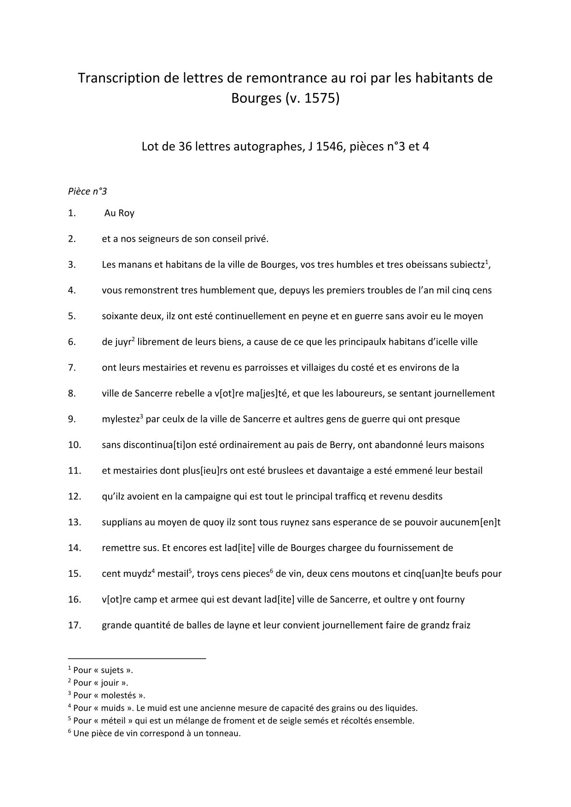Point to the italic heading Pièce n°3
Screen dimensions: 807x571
(x=87, y=192)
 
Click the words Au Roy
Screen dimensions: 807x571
(x=119, y=213)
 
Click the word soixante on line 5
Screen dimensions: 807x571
(x=118, y=316)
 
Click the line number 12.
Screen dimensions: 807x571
(x=74, y=497)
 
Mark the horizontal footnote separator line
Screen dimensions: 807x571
(x=137, y=659)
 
